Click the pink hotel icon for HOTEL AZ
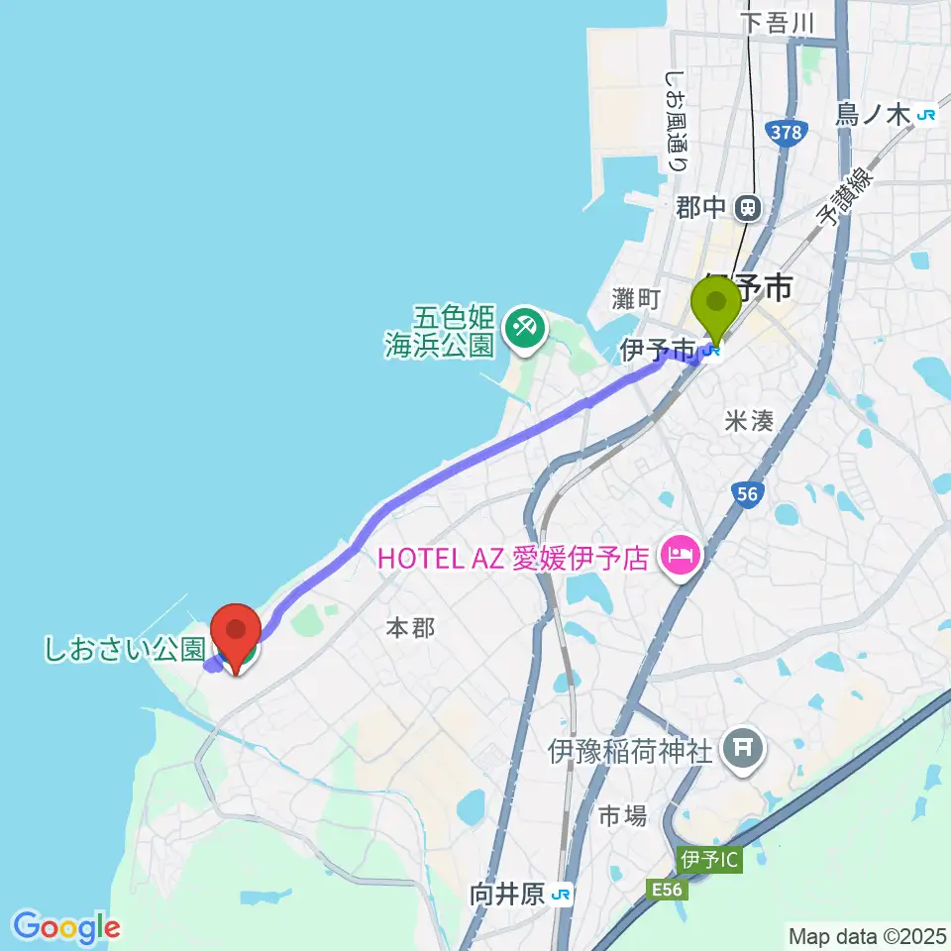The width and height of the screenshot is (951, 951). coord(681,558)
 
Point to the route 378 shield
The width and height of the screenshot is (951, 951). coord(787,132)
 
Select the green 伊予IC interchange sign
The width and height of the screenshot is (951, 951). coord(710,859)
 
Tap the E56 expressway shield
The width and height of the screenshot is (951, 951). coord(669,891)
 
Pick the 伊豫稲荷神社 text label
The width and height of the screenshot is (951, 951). coord(630,752)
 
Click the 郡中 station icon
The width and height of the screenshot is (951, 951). coord(749,208)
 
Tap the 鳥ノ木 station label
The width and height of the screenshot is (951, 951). coord(873,115)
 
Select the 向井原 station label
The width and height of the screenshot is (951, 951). coord(507,895)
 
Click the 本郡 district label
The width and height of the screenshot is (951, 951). coord(410,627)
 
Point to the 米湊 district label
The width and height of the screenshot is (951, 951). coord(748,421)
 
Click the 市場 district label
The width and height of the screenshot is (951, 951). coord(623,815)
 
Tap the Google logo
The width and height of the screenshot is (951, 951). coord(66,927)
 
